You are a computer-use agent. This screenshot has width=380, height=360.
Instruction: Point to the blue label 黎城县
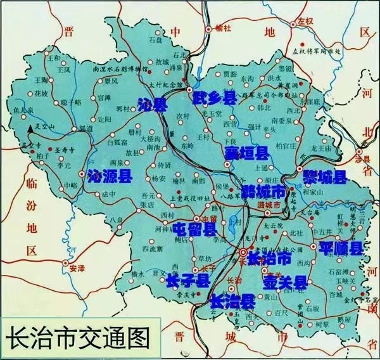click(x=324, y=176)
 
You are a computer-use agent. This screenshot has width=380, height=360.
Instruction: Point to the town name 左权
click(x=307, y=21)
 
